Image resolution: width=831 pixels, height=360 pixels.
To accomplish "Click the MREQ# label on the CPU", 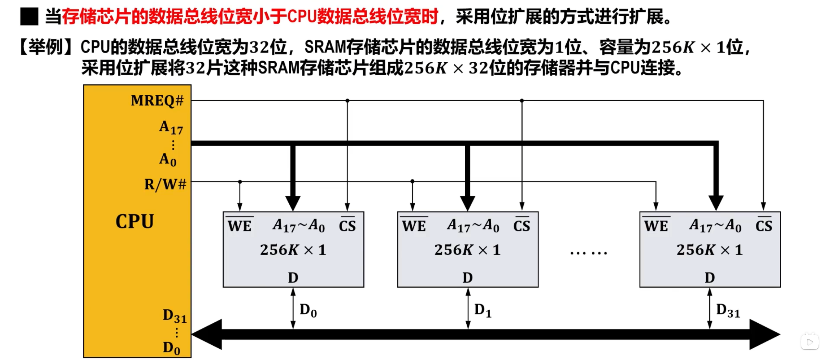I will point(157,101).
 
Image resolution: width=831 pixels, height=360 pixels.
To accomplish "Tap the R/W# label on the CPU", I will point(165,184).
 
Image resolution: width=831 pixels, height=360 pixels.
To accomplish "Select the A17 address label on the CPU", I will point(171,128).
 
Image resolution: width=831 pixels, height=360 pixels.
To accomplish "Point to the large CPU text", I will point(135,222).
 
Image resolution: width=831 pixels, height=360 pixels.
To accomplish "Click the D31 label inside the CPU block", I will point(175,316).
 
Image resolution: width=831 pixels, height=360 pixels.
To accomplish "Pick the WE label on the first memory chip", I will point(240,226).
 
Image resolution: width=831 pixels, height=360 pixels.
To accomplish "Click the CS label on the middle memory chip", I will point(522,226).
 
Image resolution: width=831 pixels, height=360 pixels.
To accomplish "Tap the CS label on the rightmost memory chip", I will point(764,226).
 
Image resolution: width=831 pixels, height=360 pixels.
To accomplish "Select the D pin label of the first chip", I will point(293,278).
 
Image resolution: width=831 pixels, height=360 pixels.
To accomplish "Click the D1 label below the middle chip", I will point(483,310).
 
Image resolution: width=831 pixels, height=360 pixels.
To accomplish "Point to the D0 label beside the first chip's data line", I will point(308,310).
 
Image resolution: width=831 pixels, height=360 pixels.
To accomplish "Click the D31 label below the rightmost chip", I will point(728,311).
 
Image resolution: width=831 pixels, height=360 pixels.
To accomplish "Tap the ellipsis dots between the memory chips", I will point(588,253).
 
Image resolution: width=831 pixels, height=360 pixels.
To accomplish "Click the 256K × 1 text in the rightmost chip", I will point(710,250).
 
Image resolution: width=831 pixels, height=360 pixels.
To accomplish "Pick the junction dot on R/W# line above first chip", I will point(240,182).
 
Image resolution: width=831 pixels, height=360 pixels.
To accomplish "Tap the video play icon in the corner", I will point(810,342).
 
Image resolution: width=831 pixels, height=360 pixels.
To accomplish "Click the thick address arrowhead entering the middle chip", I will point(468,203).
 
